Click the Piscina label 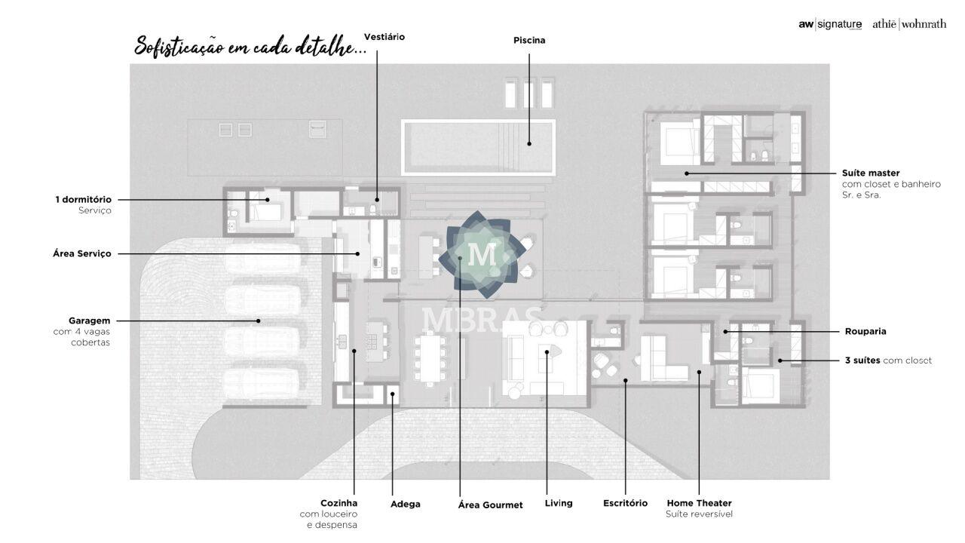[529, 40]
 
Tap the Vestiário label [384, 37]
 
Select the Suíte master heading [871, 173]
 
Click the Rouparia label [865, 331]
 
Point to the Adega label [406, 505]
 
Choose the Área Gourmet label [490, 505]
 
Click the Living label [559, 503]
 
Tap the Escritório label [625, 503]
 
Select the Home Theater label [699, 503]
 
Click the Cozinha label [339, 503]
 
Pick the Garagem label [89, 321]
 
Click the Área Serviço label [82, 254]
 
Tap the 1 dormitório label [83, 200]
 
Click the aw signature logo [830, 25]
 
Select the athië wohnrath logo [909, 24]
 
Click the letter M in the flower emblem [482, 254]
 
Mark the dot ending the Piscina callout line [529, 143]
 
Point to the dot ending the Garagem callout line [259, 321]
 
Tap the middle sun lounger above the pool [528, 93]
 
